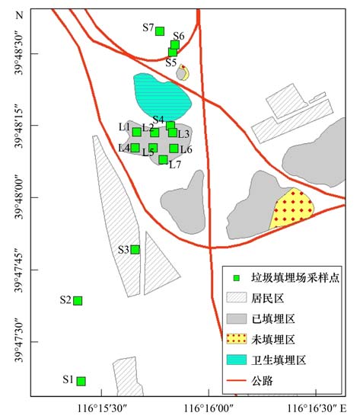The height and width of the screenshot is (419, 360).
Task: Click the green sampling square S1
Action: pos(81,381)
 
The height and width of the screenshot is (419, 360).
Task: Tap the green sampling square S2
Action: pos(78,300)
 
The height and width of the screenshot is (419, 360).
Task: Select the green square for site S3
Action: pos(135,249)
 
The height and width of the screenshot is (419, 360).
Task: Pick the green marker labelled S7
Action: pos(160,30)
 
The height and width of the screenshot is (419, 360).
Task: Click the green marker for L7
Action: pos(163,159)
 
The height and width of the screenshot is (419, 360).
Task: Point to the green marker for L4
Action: pos(135,147)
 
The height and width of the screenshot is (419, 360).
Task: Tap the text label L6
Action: pos(186,150)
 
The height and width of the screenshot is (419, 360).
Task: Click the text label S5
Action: pos(171,62)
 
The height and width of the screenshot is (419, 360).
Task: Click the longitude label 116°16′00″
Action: pos(210,409)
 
